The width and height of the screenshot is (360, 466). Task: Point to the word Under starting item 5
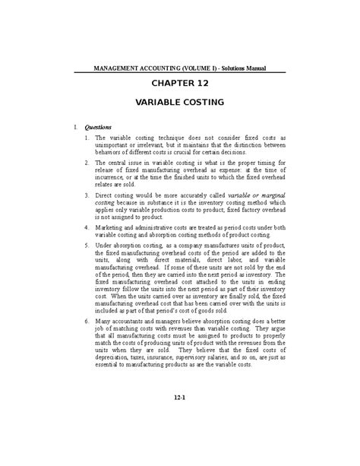pos(105,246)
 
